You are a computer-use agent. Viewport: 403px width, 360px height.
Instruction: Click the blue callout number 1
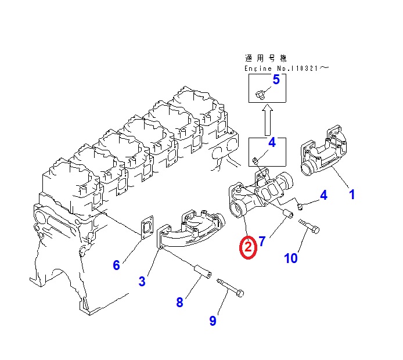(351, 195)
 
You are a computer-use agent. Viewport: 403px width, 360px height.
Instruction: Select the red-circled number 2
(248, 248)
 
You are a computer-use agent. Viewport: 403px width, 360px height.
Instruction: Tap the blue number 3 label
(142, 282)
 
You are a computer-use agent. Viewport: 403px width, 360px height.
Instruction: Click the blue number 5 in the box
(276, 80)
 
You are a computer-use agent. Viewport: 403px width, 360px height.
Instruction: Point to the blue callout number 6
(116, 265)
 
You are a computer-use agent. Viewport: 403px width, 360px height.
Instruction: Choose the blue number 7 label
(262, 241)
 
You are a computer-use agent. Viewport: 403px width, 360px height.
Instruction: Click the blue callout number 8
(179, 302)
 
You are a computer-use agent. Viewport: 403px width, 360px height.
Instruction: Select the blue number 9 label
(213, 321)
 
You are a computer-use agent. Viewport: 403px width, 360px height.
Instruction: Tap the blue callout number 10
(291, 257)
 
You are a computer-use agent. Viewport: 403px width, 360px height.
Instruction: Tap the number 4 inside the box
(271, 142)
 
